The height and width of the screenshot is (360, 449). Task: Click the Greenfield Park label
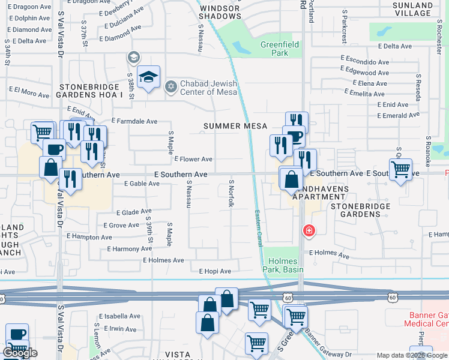pyautogui.click(x=274, y=49)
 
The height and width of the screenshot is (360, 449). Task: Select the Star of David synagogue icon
pyautogui.click(x=170, y=87)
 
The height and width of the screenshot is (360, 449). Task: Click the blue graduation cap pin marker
pyautogui.click(x=148, y=77)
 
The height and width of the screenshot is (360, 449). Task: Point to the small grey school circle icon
pyautogui.click(x=133, y=58)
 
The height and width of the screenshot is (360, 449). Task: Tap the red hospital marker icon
pyautogui.click(x=309, y=230)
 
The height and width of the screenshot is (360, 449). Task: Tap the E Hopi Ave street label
pyautogui.click(x=215, y=271)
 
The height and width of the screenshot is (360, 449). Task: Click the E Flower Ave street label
pyautogui.click(x=193, y=159)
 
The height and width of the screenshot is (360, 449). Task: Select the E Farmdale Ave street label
pyautogui.click(x=134, y=121)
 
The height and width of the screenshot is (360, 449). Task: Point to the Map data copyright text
pyautogui.click(x=411, y=355)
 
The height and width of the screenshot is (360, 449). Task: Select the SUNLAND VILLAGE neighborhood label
pyautogui.click(x=420, y=10)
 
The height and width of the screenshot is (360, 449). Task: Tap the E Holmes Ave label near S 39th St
pyautogui.click(x=163, y=260)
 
